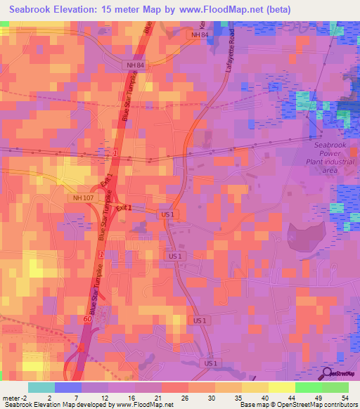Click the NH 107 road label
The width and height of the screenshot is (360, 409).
click(82, 198)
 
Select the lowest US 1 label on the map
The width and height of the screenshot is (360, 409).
click(211, 363)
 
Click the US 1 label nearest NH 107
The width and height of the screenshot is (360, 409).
click(167, 214)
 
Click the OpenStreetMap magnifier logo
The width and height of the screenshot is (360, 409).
click(328, 372)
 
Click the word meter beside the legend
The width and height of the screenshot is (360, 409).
click(11, 397)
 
